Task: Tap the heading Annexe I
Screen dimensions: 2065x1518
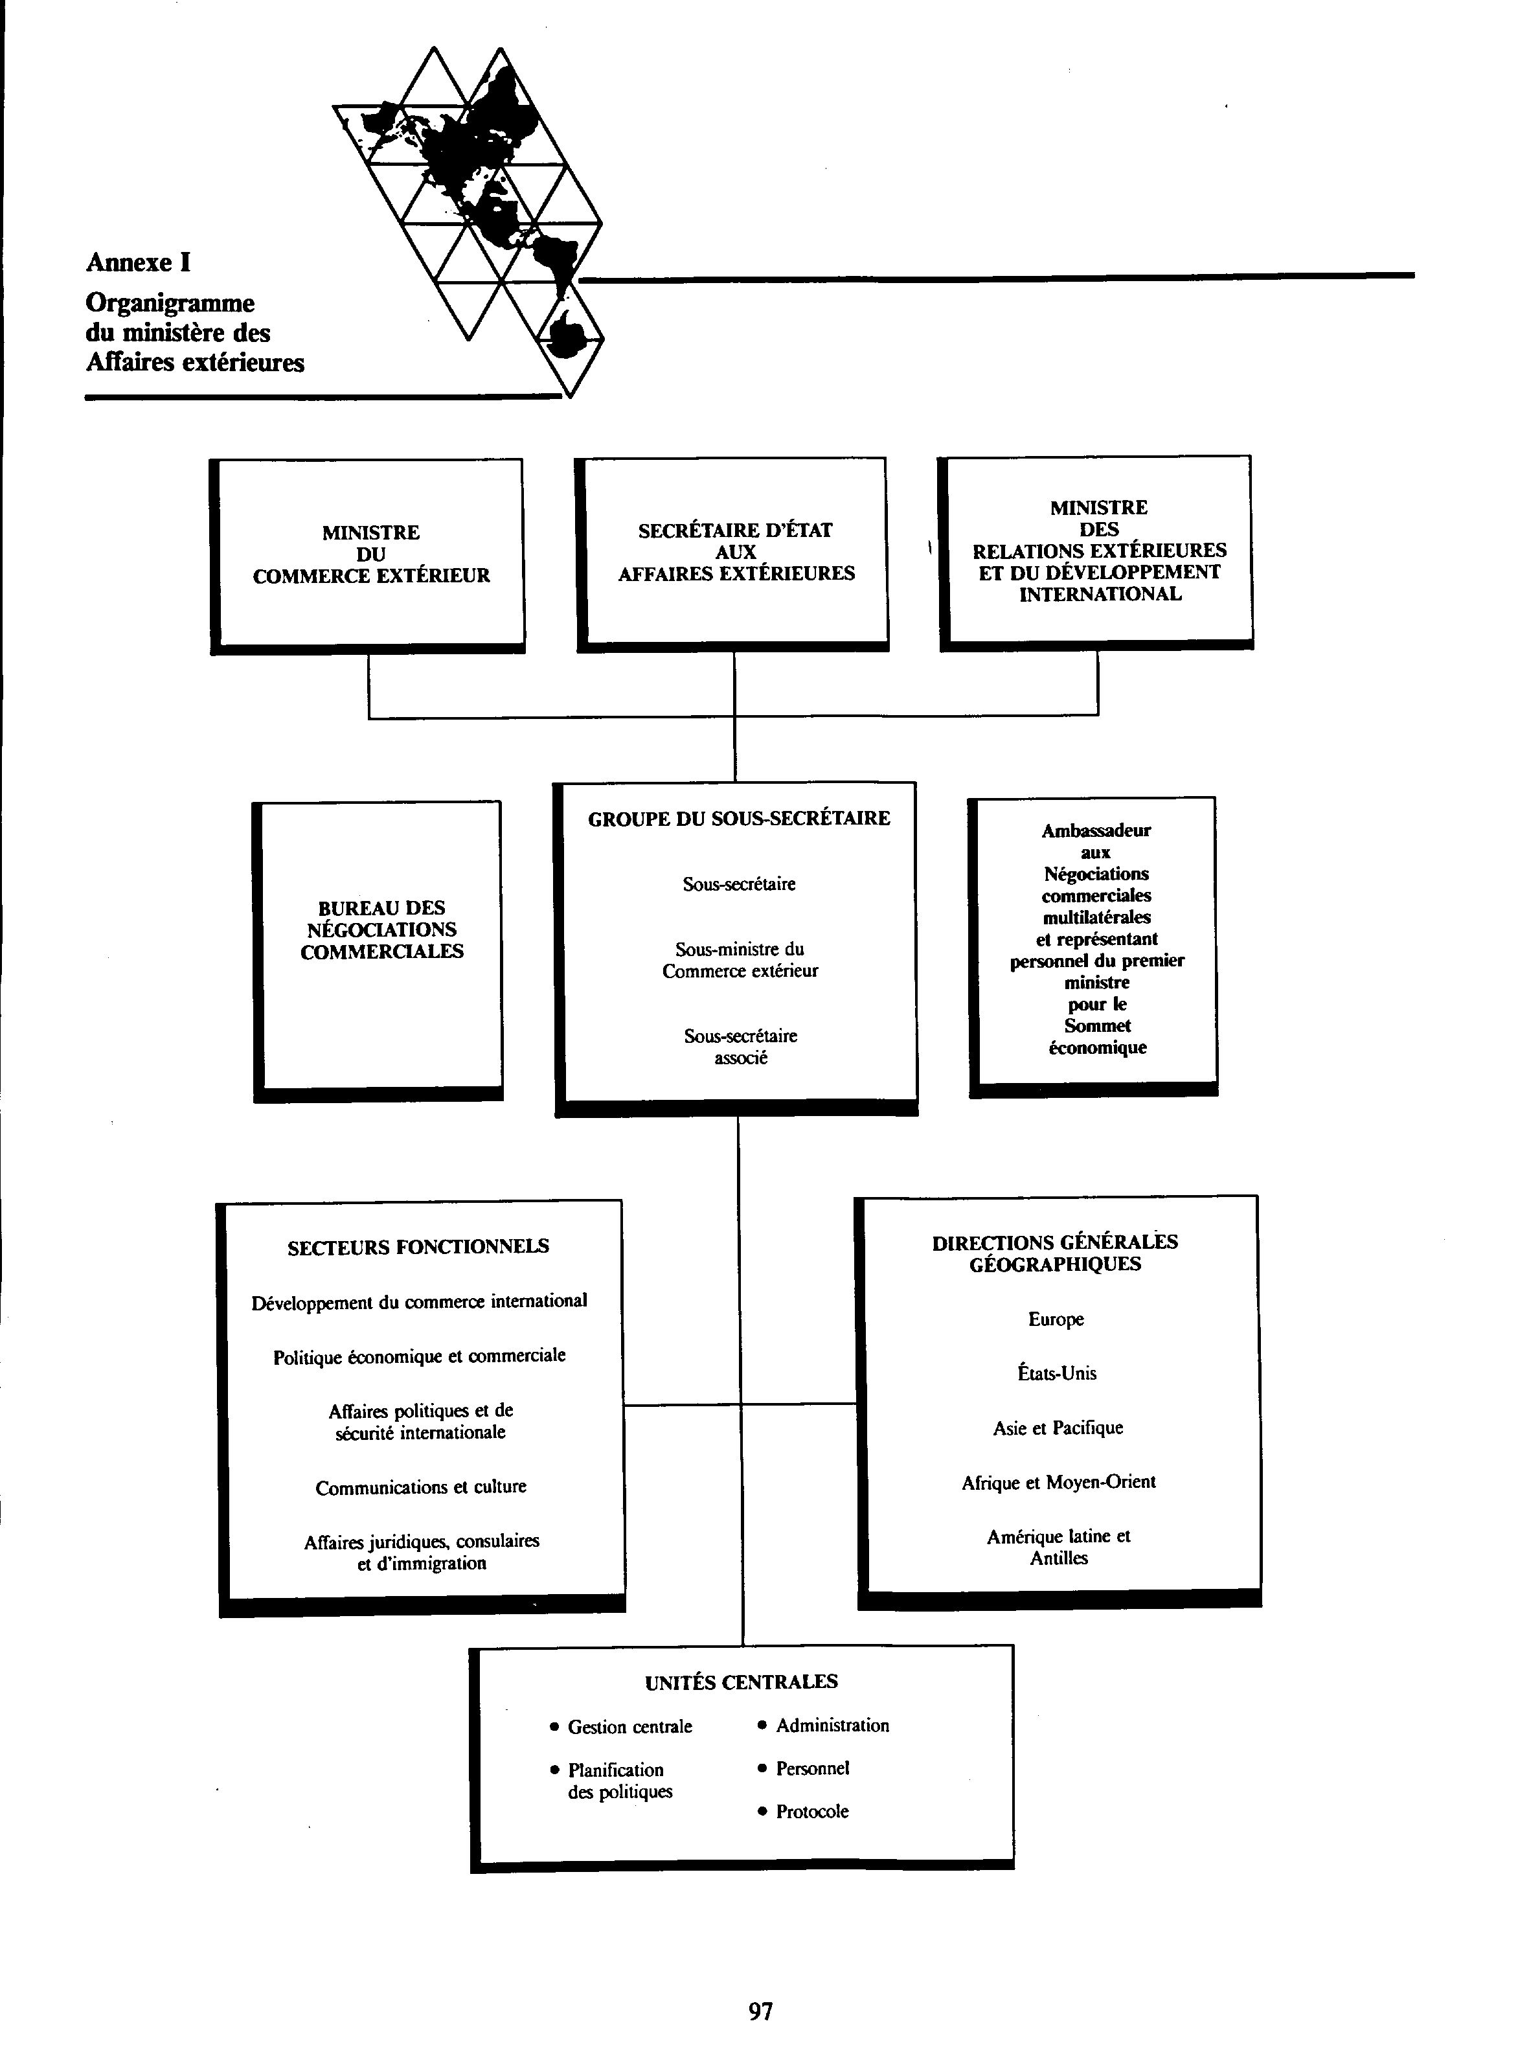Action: [138, 263]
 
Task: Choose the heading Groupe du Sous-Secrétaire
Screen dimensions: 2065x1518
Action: [739, 818]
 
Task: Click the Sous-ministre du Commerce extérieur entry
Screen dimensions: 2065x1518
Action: [740, 959]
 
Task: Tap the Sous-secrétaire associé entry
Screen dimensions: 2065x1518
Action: [741, 1046]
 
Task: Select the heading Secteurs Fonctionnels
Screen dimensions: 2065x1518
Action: [418, 1247]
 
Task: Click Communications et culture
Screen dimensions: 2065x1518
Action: [421, 1487]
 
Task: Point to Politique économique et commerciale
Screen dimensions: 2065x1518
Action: [419, 1356]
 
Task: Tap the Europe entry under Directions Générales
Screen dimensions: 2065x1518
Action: [1056, 1319]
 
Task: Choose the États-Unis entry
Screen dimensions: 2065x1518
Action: [1057, 1374]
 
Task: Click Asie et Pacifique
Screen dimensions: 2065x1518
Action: [1058, 1428]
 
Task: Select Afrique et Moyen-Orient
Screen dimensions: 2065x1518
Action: [1059, 1482]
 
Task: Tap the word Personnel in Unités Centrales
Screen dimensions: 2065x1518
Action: [812, 1768]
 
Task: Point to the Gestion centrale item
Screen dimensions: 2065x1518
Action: [629, 1727]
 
